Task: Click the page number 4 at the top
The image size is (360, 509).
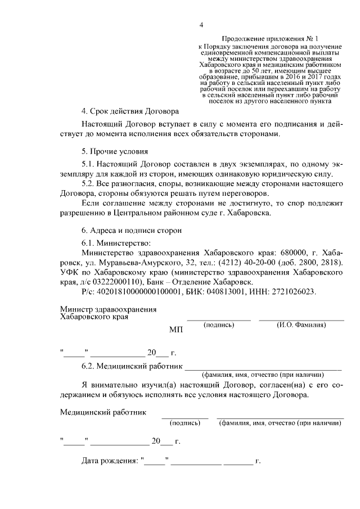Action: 200,25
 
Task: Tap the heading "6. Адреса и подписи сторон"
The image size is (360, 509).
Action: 132,230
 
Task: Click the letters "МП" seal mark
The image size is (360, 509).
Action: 176,329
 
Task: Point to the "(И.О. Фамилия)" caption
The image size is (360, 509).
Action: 301,325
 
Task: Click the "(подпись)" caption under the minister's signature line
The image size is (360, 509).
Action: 219,325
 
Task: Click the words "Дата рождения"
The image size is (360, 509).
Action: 110,462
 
